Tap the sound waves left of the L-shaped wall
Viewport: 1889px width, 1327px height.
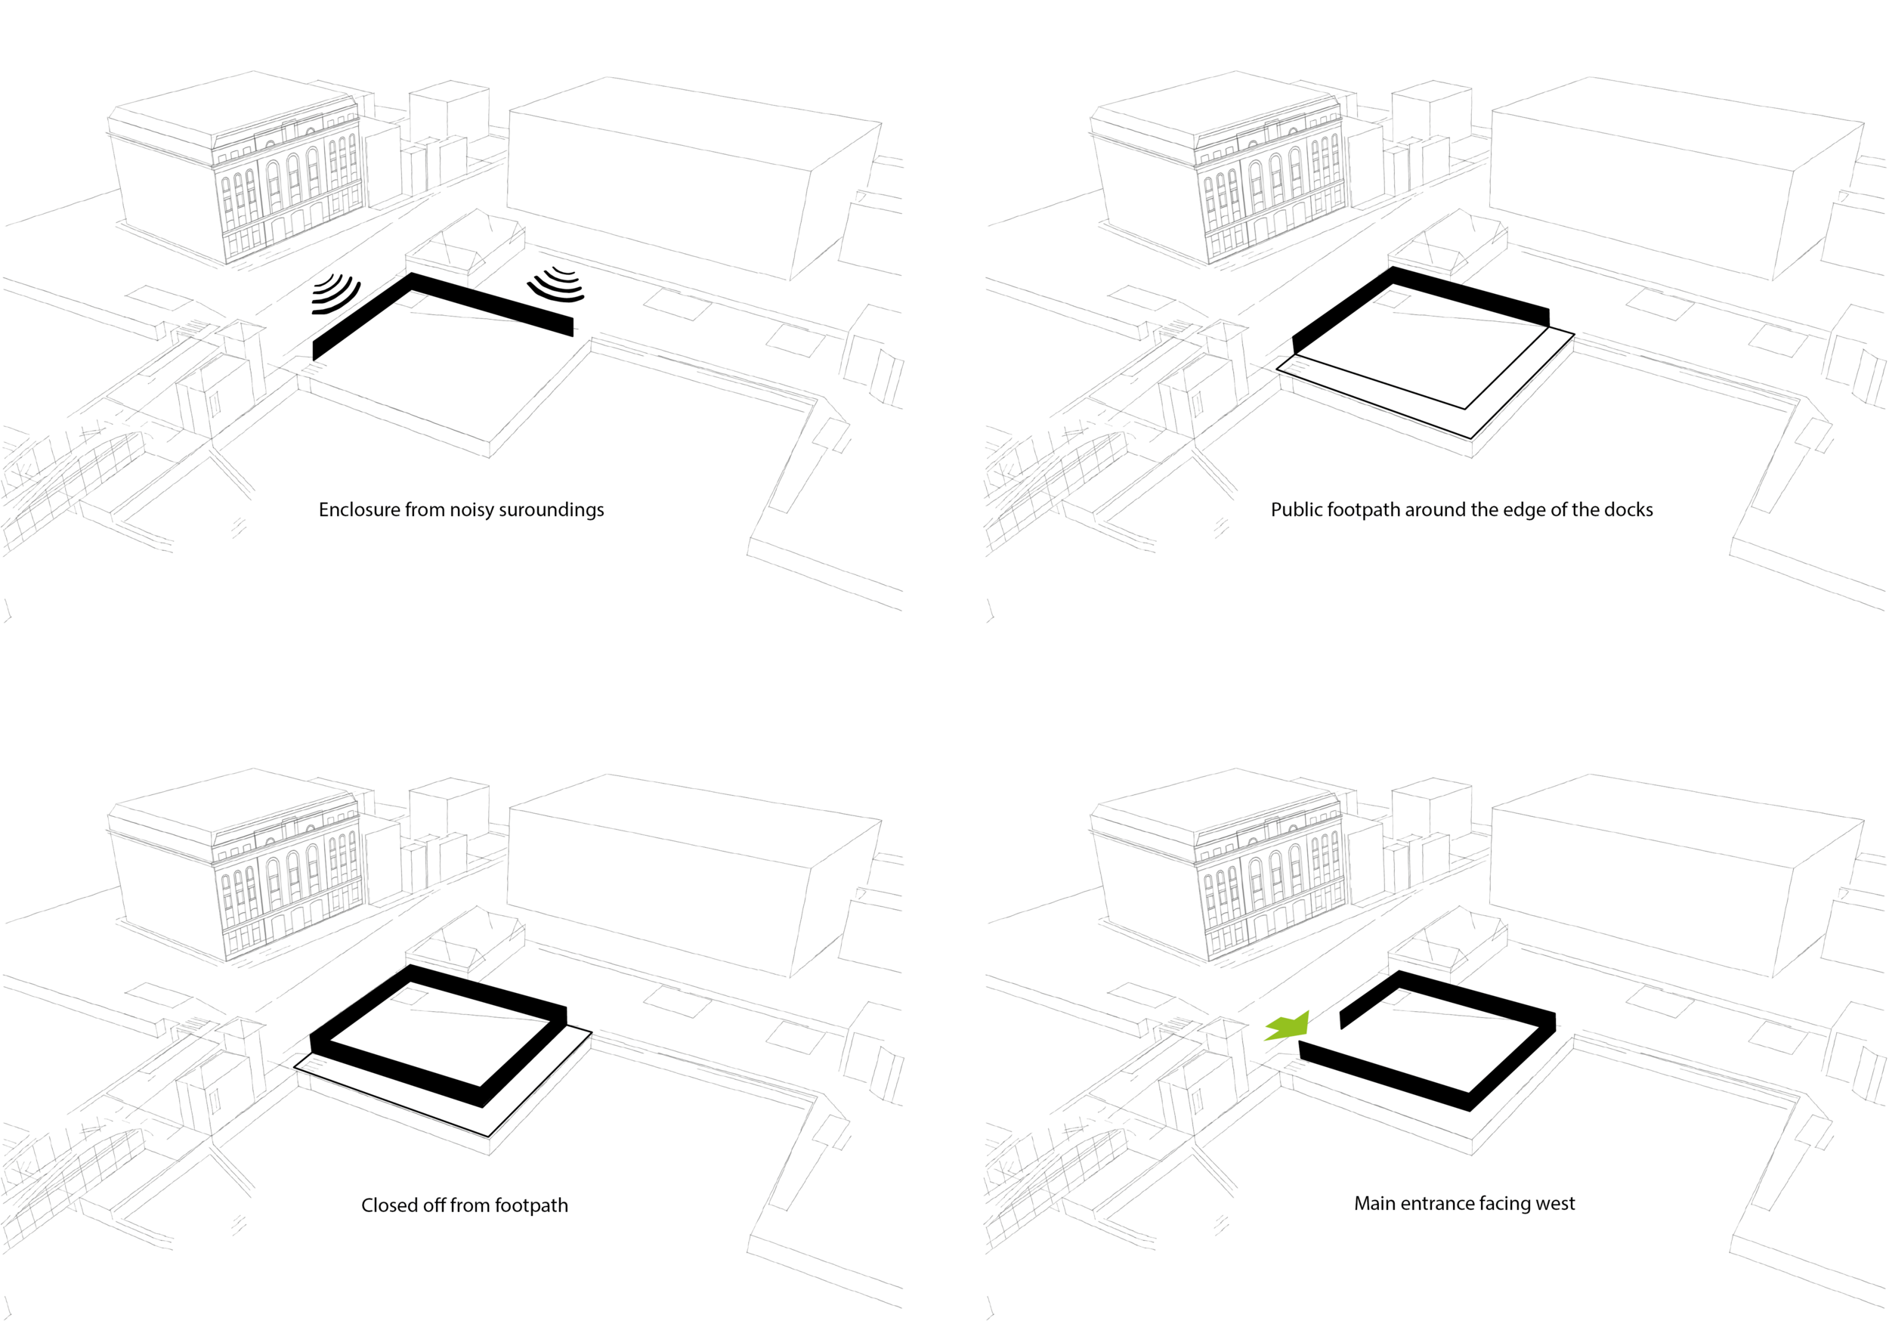click(336, 295)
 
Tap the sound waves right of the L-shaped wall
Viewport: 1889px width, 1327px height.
click(557, 284)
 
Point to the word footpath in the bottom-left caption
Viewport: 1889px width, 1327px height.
click(531, 1205)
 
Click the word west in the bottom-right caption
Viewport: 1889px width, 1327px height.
click(1555, 1204)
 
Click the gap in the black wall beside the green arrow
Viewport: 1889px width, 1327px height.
click(1321, 1035)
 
